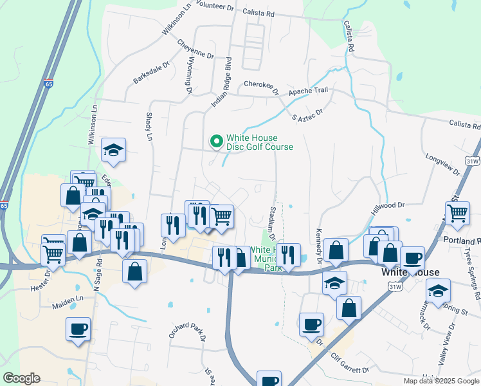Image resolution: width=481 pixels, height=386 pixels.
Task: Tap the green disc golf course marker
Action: [216, 139]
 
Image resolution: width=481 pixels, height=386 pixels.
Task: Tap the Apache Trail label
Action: [308, 91]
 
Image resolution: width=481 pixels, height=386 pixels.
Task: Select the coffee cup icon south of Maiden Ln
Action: [78, 330]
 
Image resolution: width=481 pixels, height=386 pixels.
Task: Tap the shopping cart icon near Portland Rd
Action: [457, 213]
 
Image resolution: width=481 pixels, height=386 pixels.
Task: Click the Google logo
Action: [21, 378]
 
